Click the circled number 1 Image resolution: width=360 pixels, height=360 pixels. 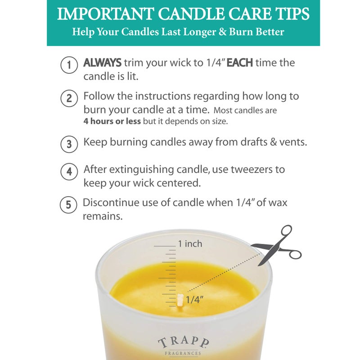pos(68,66)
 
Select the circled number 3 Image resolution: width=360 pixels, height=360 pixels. pos(68,144)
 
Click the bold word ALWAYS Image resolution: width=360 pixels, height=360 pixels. pos(102,63)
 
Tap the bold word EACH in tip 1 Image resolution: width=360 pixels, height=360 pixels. pos(239,63)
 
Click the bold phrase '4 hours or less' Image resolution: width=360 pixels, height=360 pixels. pos(112,122)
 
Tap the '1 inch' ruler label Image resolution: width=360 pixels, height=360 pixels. pos(190,244)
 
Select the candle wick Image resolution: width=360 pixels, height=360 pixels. pos(180,300)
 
